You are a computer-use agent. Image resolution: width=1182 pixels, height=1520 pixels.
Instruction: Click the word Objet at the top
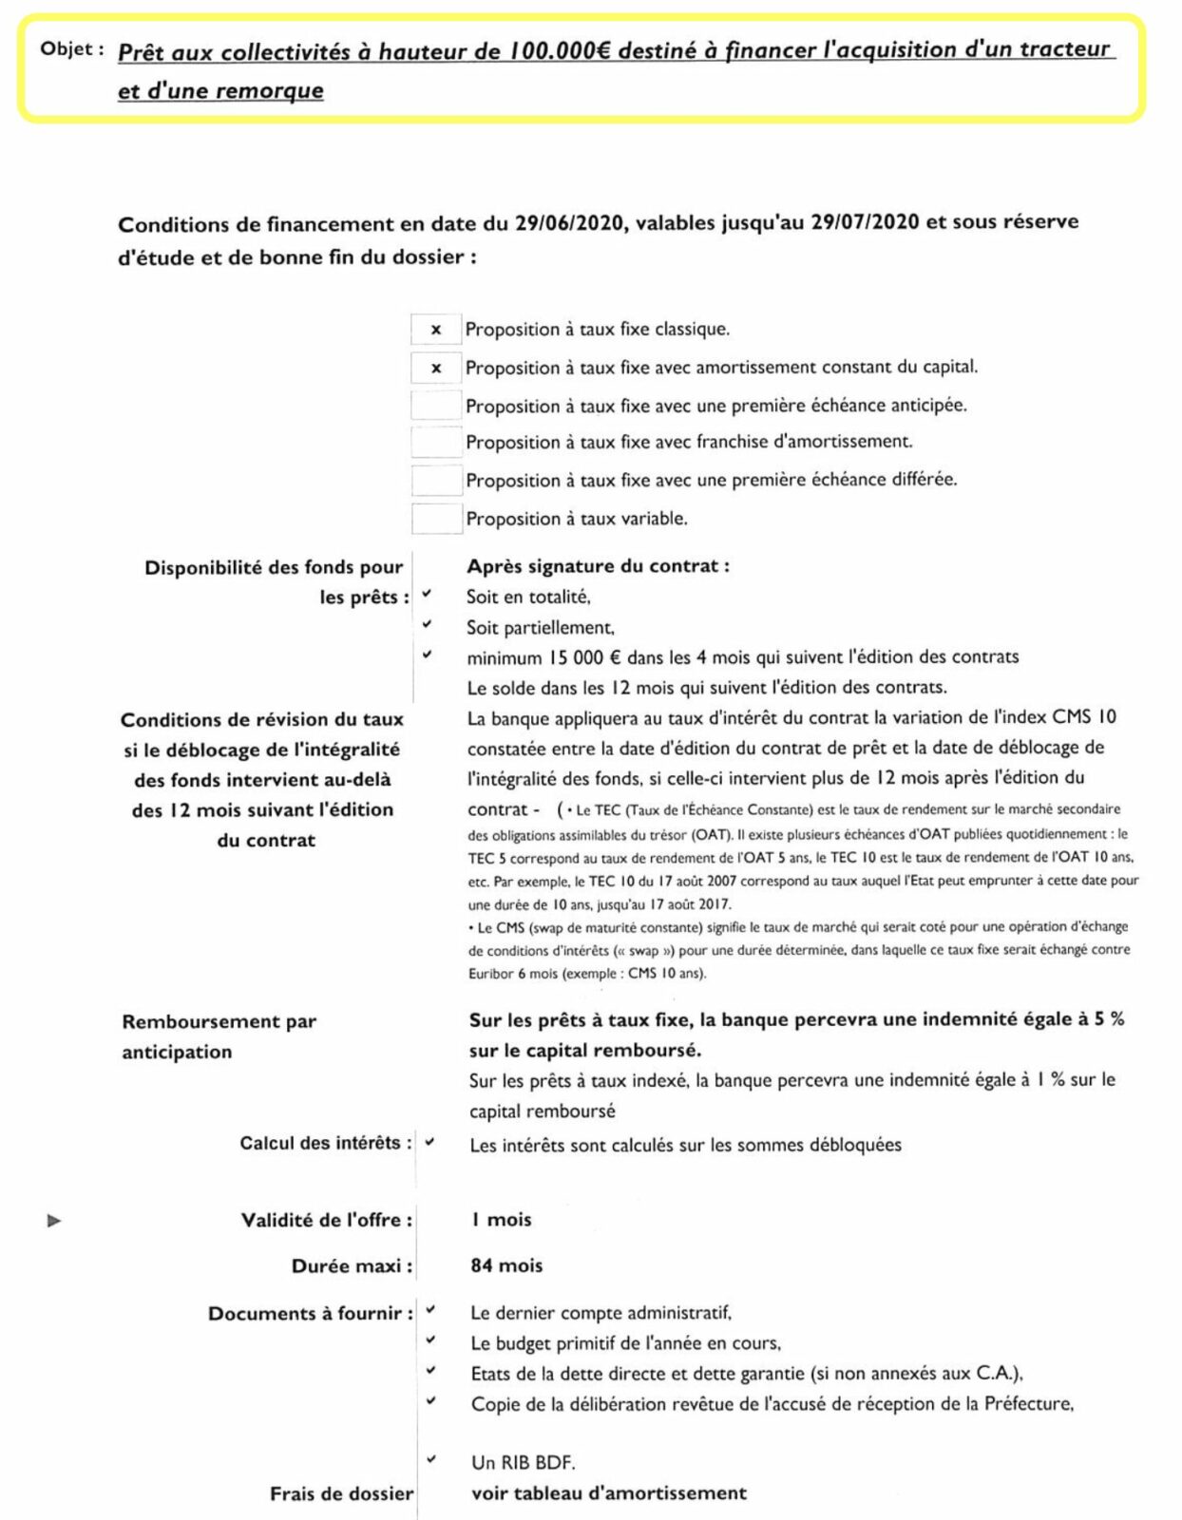tap(66, 49)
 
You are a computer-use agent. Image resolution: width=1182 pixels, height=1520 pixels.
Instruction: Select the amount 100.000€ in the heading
tap(559, 51)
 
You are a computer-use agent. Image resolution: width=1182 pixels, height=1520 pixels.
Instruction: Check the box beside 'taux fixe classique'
tap(436, 330)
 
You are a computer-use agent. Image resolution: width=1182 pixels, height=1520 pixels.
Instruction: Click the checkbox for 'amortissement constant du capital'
tap(436, 368)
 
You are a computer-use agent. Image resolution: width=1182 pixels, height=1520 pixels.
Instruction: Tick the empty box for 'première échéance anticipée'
tap(436, 406)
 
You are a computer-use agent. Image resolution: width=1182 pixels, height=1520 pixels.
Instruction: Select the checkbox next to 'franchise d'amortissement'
tap(436, 443)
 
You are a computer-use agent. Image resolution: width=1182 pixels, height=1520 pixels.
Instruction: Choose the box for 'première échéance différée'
tap(436, 481)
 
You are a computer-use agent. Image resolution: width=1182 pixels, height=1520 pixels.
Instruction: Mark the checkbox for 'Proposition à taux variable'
tap(436, 519)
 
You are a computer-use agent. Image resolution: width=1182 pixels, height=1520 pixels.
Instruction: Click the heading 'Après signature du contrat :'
tap(598, 566)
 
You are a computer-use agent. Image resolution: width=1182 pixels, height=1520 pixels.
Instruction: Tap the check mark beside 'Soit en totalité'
tap(428, 595)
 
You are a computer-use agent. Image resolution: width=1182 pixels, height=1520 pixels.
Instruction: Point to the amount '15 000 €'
tap(584, 657)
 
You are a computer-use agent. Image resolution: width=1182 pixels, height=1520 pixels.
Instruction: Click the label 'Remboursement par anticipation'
tap(219, 1036)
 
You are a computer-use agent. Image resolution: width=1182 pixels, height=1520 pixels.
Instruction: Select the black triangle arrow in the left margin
tap(54, 1221)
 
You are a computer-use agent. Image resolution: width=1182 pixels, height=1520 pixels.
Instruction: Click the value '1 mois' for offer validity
tap(501, 1220)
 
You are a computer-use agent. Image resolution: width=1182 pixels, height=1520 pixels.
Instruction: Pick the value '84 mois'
tap(506, 1265)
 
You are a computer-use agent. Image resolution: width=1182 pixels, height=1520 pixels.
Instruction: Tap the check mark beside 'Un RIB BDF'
tap(431, 1459)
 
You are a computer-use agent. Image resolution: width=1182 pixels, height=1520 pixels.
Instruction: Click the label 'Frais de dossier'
tap(341, 1494)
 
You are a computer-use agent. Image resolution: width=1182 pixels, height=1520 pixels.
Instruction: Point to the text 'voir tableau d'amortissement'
tap(608, 1493)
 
